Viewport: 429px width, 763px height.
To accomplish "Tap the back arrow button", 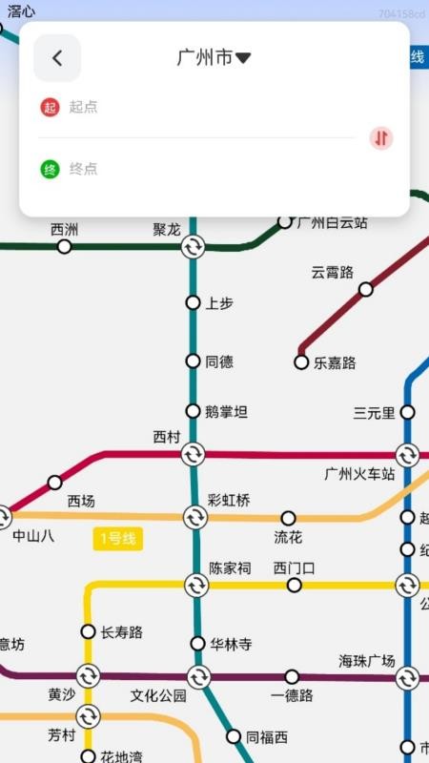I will coord(57,58).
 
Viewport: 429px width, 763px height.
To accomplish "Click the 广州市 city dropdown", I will coord(214,58).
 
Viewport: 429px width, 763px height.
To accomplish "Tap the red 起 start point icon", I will coord(50,107).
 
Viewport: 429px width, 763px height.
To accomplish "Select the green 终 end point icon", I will coord(50,170).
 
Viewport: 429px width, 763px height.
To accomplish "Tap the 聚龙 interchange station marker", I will coord(193,247).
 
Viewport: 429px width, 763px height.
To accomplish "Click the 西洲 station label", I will coord(65,230).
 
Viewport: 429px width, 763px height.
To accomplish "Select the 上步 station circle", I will coord(193,303).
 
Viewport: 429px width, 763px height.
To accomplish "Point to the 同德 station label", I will coord(219,362).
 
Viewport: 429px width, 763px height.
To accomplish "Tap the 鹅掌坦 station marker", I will coord(193,412).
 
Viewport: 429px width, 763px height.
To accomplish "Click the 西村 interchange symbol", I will coord(193,454).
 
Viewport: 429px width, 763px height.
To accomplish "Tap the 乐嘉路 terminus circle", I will coord(301,362).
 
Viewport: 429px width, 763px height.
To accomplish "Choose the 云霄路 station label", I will coord(332,272).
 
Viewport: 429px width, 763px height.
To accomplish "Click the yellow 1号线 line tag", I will coord(117,539).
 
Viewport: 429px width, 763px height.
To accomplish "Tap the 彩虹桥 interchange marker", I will coord(195,518).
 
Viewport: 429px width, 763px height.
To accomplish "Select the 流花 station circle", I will coord(288,518).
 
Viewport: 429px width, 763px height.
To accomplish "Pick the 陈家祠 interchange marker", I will coord(196,585).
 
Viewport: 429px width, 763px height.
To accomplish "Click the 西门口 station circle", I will coord(294,585).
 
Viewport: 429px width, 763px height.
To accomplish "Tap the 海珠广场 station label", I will coord(367,661).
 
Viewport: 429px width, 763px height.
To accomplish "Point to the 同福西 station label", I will coord(267,737).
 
